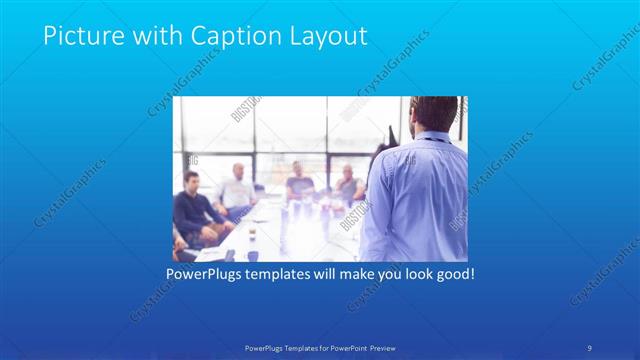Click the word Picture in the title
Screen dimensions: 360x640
[x=78, y=37]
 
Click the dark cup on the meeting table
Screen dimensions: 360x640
[x=251, y=236]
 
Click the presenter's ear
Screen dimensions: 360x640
[x=418, y=120]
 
